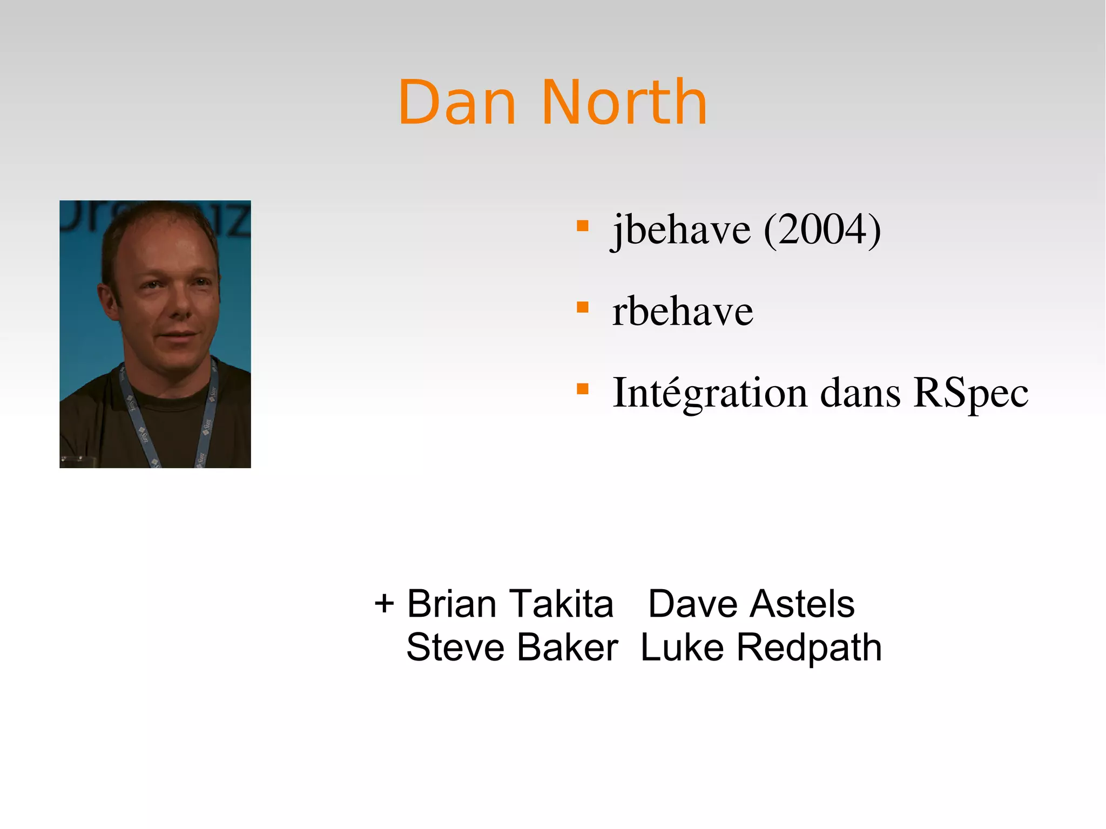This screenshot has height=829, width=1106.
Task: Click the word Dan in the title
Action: pyautogui.click(x=457, y=103)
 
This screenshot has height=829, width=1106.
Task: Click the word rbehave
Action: pyautogui.click(x=682, y=312)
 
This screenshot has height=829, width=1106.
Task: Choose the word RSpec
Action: pyautogui.click(x=970, y=393)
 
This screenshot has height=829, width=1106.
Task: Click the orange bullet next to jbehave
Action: pyautogui.click(x=582, y=226)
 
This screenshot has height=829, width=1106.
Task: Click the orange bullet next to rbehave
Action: pyautogui.click(x=582, y=307)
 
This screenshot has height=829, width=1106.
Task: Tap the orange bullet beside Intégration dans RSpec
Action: pyautogui.click(x=582, y=389)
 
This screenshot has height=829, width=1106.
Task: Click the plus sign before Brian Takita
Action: pyautogui.click(x=384, y=604)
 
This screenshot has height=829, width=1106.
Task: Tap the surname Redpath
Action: pyautogui.click(x=809, y=648)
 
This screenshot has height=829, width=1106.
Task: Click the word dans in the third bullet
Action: pyautogui.click(x=860, y=393)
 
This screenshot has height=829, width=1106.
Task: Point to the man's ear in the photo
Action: pyautogui.click(x=107, y=300)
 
